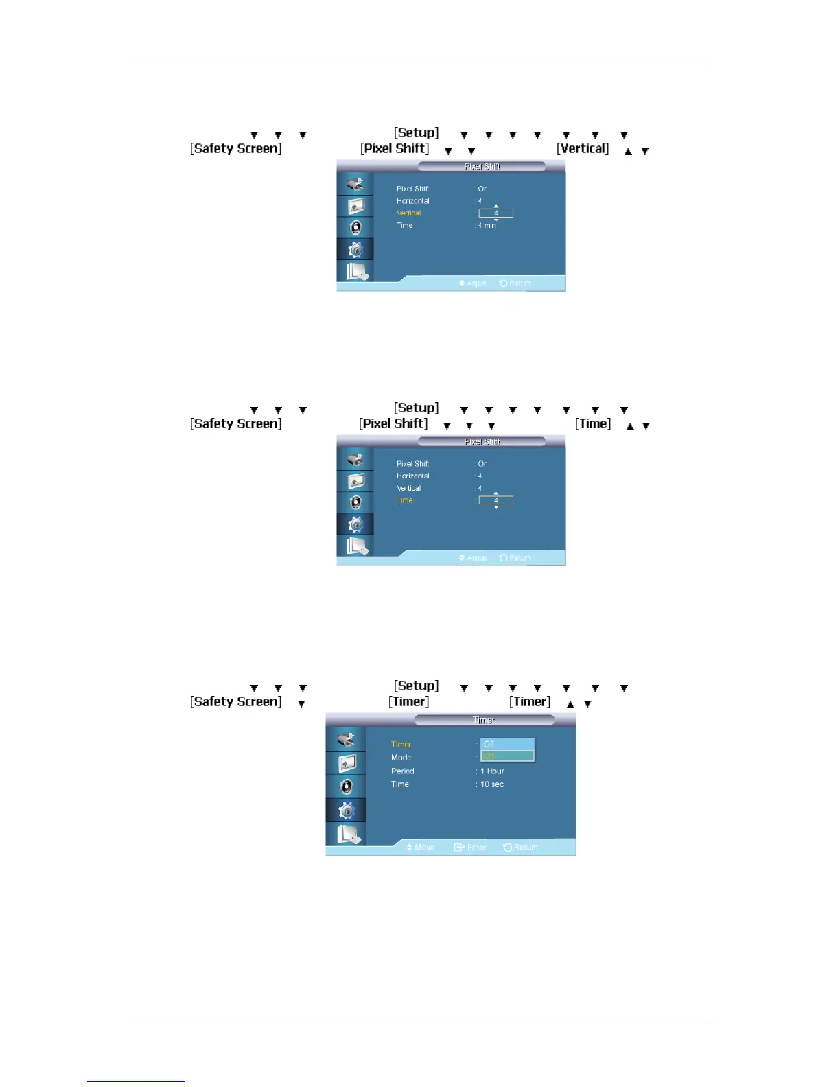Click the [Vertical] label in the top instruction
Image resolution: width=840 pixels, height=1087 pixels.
[x=582, y=148]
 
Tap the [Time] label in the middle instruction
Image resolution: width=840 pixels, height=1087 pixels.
[x=593, y=423]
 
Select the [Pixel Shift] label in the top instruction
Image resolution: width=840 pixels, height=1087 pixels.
[x=395, y=148]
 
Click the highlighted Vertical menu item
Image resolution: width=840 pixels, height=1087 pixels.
[x=409, y=213]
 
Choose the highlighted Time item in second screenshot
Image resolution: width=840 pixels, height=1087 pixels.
[x=405, y=500]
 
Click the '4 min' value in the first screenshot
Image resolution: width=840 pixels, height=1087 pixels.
[x=487, y=226]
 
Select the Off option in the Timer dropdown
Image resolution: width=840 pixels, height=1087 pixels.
[x=506, y=744]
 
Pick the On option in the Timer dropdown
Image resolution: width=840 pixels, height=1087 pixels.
[x=506, y=756]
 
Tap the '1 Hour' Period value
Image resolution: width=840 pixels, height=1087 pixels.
[x=492, y=771]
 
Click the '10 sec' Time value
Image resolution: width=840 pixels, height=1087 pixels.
[x=492, y=784]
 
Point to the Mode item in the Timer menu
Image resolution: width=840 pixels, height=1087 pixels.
[x=401, y=758]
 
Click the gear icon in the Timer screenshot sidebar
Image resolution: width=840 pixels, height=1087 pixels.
[x=347, y=811]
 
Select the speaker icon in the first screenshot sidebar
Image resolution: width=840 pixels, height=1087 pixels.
[x=355, y=227]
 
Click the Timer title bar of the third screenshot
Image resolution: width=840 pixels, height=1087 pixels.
[x=484, y=721]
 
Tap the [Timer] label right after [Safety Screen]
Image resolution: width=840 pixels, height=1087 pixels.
[x=408, y=701]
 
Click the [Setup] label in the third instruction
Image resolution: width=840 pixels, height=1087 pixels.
[x=416, y=686]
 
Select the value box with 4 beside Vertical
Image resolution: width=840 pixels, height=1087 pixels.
[x=495, y=213]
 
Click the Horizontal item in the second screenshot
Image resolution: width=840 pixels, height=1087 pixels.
[x=413, y=476]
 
